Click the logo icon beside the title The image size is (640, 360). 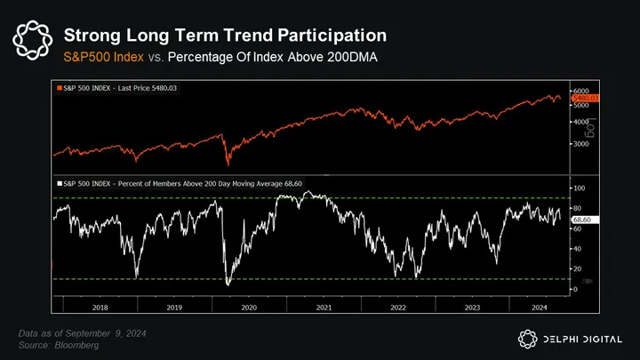[32, 41]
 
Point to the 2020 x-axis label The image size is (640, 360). [248, 307]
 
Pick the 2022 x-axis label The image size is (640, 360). [397, 307]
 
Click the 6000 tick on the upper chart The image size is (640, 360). [580, 91]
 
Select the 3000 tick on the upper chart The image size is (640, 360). [580, 142]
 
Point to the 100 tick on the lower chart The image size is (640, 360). [579, 188]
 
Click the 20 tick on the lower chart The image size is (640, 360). [577, 268]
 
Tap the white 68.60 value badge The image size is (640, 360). [583, 219]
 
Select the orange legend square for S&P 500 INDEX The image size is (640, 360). [59, 89]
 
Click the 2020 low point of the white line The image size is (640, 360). [228, 284]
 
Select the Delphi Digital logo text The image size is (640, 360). [581, 338]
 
